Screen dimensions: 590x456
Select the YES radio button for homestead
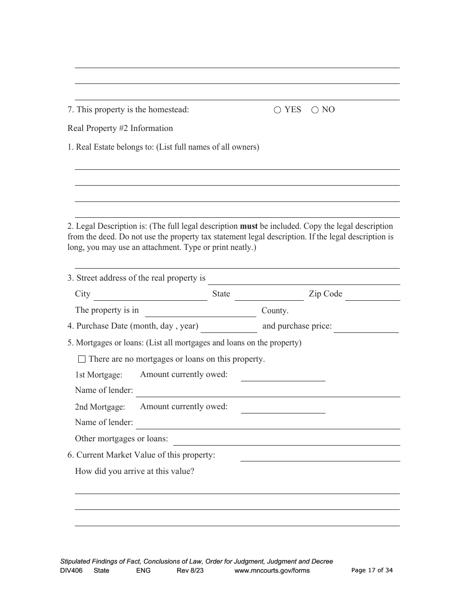coord(277,110)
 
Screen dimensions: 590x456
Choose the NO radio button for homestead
coord(315,110)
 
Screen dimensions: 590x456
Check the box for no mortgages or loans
coord(82,359)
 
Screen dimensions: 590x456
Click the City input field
coord(150,295)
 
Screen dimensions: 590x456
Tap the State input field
coord(269,295)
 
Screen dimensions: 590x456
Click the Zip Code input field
coord(372,295)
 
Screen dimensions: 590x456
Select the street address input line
coord(304,279)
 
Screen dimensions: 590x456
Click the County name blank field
coord(200,311)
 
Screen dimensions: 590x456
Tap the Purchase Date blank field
coord(229,327)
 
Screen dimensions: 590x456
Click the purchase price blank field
coord(366,327)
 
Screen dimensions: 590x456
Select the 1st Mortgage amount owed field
coord(283,376)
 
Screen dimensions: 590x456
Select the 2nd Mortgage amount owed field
coord(283,408)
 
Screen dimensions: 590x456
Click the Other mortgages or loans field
coord(287,439)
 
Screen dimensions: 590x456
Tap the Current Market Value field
coord(320,456)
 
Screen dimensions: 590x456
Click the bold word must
coord(249,226)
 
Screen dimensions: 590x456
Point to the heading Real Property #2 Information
coord(120,128)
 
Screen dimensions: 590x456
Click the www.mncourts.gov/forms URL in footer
coord(272,570)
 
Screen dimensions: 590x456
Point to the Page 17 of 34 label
coord(372,570)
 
